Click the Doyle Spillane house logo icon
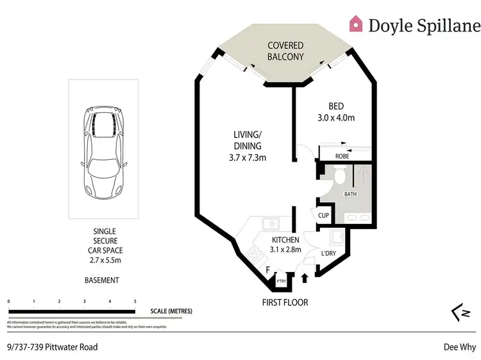[355, 24]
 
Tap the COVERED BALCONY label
[285, 51]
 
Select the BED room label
[337, 106]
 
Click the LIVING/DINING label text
[247, 140]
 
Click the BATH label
[350, 194]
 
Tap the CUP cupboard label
[324, 215]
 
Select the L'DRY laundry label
[328, 253]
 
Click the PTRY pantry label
[281, 280]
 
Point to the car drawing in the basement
[103, 151]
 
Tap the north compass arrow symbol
[457, 312]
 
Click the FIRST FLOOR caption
[285, 302]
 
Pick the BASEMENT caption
[102, 280]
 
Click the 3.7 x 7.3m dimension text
[247, 158]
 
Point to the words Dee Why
[459, 347]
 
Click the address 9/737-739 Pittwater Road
[52, 347]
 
